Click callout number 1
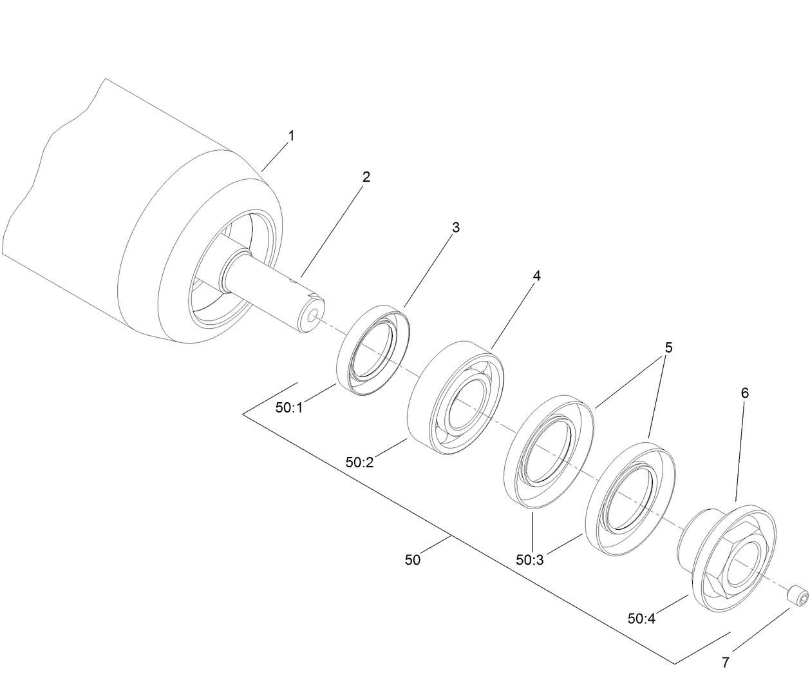click(291, 136)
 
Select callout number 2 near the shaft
click(366, 177)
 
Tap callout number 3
click(455, 228)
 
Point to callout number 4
click(536, 276)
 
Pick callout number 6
click(745, 393)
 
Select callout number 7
click(726, 662)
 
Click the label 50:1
click(289, 408)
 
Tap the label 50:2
click(359, 462)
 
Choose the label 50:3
click(530, 560)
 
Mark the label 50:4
click(641, 619)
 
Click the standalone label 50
click(413, 560)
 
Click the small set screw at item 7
click(798, 594)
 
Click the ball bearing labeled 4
click(456, 398)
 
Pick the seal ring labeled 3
click(374, 349)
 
